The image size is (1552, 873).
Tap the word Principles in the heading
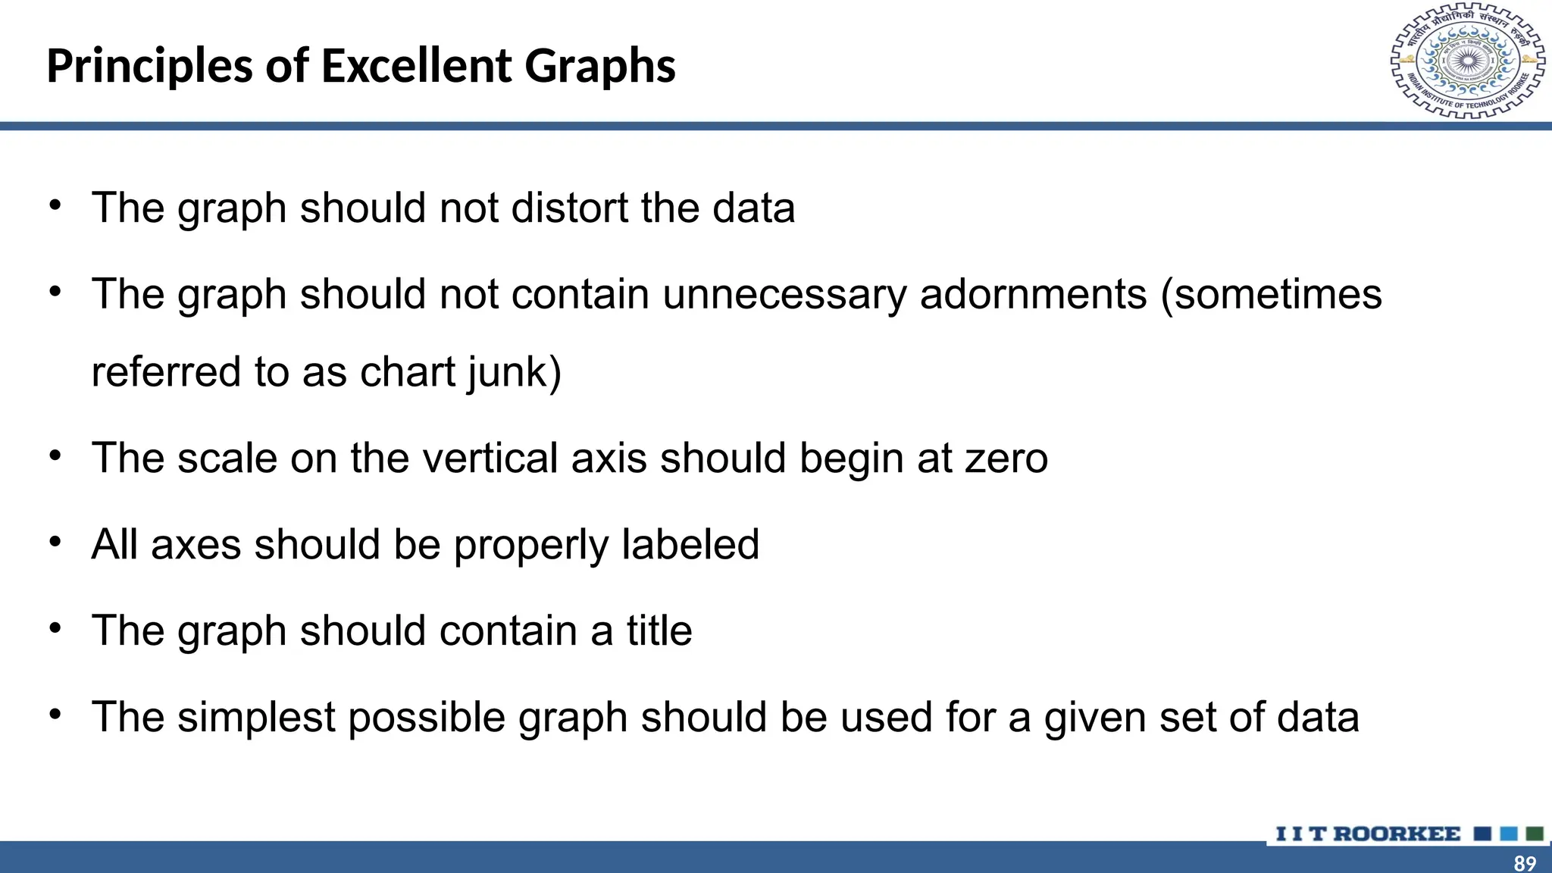[x=149, y=66]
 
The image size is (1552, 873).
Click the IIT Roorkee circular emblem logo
[x=1468, y=61]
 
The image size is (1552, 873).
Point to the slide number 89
[x=1525, y=862]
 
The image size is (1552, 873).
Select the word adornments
[x=1034, y=294]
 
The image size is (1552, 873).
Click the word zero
[x=1006, y=458]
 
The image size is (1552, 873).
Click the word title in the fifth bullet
[x=659, y=630]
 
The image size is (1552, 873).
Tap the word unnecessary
[x=784, y=294]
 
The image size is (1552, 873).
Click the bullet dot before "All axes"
[x=55, y=542]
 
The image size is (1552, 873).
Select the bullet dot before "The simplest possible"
[x=55, y=715]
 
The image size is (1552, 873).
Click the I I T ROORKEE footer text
[x=1368, y=834]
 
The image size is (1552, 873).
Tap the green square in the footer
[x=1535, y=834]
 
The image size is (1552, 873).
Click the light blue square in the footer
[x=1509, y=834]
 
